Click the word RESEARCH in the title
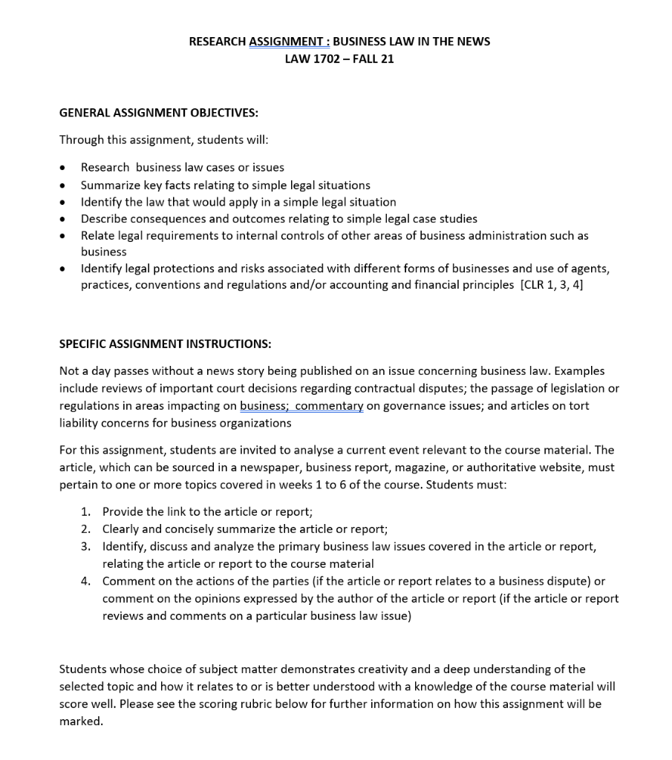pyautogui.click(x=217, y=42)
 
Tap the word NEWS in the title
pyautogui.click(x=473, y=42)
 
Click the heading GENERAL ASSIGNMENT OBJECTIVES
pyautogui.click(x=159, y=113)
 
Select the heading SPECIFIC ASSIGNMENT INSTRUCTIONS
pyautogui.click(x=165, y=344)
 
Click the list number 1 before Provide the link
pyautogui.click(x=86, y=512)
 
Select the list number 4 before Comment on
pyautogui.click(x=86, y=581)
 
